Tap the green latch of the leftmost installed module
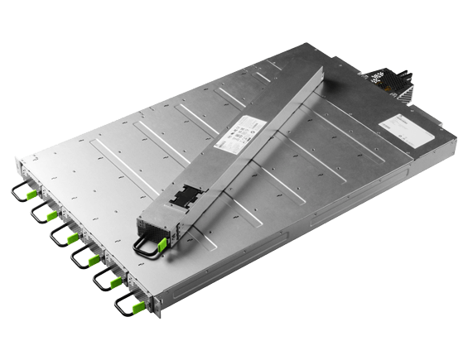tap(32, 195)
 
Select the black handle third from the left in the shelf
tap(59, 236)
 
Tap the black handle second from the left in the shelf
tap(38, 214)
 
